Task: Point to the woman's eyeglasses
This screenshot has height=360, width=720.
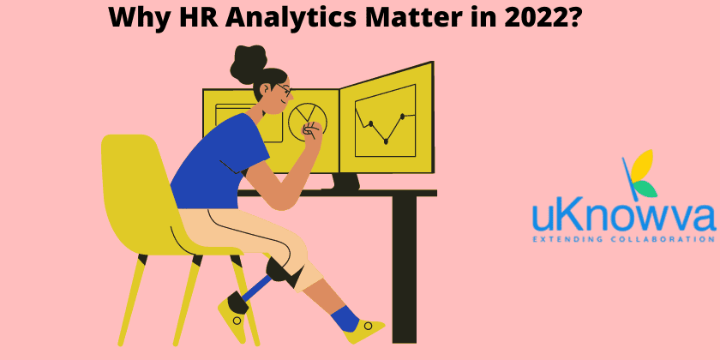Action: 284,89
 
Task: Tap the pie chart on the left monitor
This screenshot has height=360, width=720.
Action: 307,118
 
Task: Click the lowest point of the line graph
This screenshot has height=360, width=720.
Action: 386,141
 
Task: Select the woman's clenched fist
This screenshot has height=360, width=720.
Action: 312,132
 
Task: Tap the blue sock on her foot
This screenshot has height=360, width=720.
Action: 344,318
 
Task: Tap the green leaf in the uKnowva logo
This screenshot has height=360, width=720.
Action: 645,189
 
